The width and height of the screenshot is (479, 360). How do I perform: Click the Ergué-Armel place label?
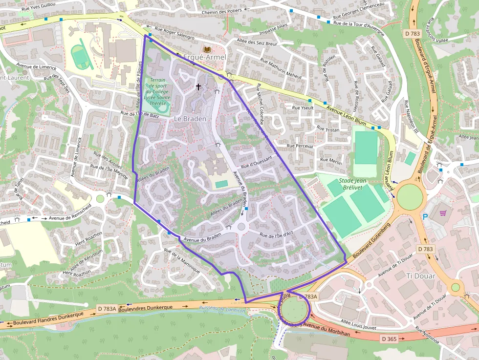click(204, 58)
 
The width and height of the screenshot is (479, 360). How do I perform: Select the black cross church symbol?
click(198, 87)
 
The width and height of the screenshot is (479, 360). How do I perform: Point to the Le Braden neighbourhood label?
click(190, 119)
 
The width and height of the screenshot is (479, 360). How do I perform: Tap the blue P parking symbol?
click(425, 216)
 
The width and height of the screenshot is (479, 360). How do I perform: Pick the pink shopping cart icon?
click(443, 213)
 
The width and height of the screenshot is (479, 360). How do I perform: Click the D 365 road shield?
click(389, 339)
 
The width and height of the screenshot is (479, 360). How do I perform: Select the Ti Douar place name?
click(420, 276)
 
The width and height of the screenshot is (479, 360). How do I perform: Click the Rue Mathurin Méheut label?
click(281, 68)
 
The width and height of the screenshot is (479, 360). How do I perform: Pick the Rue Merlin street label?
click(331, 161)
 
